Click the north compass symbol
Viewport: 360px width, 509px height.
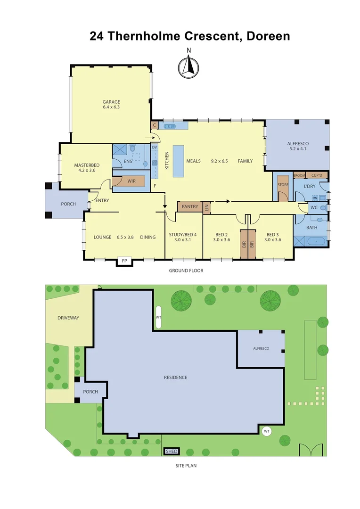[x=188, y=66]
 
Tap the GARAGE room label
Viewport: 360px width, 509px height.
[x=112, y=102]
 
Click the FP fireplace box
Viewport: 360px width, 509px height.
[x=124, y=261]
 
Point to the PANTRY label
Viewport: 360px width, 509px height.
[x=189, y=206]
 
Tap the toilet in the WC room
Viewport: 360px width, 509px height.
[x=323, y=207]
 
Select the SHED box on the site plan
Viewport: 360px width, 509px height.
[x=172, y=452]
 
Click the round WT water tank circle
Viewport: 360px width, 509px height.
[x=266, y=431]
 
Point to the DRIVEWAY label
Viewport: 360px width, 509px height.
[x=68, y=318]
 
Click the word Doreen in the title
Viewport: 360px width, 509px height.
[x=268, y=36]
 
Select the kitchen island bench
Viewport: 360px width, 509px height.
[x=179, y=161]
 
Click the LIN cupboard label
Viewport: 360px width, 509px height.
[x=206, y=206]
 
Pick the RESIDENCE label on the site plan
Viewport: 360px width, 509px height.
[x=175, y=377]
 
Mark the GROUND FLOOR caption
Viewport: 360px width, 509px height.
[x=186, y=271]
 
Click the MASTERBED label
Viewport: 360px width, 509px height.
[x=87, y=165]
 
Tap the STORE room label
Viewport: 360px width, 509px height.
[x=283, y=185]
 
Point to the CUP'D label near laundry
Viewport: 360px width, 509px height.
[x=317, y=175]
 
